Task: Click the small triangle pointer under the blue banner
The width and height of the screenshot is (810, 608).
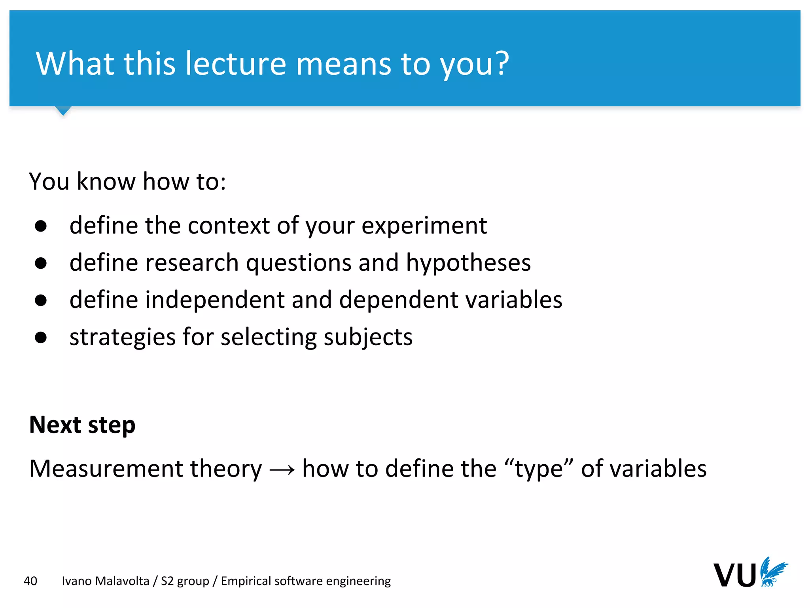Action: [63, 110]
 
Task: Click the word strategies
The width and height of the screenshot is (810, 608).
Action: [122, 338]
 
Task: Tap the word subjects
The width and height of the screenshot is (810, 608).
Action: [368, 338]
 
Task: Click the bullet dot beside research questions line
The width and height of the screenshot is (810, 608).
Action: [41, 263]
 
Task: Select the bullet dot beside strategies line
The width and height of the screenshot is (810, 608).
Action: [41, 337]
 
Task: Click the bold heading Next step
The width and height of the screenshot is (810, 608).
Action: [82, 425]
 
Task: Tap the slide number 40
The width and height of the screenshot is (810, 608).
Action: [30, 581]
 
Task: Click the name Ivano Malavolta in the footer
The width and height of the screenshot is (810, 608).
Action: [106, 581]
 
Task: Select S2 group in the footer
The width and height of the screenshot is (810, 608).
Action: [185, 581]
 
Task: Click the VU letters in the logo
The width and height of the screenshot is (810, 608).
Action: [734, 575]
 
